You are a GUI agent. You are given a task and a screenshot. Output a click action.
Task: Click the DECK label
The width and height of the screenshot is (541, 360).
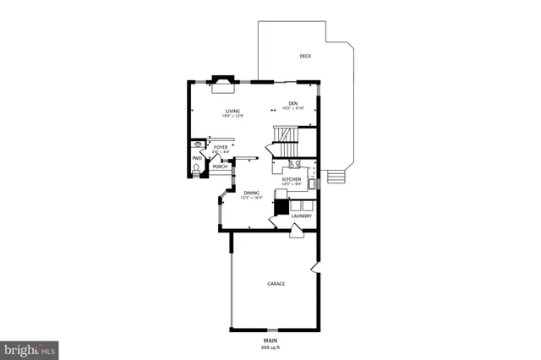pos(305,57)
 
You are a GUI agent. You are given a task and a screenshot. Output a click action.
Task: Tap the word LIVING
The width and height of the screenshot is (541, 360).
pos(232,111)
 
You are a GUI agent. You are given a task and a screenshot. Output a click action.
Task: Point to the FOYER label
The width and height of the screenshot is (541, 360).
pos(220,147)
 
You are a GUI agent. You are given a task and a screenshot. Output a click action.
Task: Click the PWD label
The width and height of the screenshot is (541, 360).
pos(196,157)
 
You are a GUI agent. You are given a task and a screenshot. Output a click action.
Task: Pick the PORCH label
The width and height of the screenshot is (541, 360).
pos(220,166)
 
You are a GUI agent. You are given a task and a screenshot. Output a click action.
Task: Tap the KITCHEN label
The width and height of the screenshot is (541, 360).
pos(292,179)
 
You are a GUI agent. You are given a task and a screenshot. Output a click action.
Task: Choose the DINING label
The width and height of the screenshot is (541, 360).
pos(252,193)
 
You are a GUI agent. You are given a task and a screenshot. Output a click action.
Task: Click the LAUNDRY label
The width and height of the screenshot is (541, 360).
pos(301,216)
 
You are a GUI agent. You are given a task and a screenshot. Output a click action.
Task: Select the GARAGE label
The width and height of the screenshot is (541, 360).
pos(276,283)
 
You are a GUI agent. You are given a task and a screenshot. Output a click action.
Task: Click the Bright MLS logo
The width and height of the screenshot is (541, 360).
pos(30,348)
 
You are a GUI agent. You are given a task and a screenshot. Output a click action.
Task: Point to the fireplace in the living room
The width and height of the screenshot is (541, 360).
pos(223,81)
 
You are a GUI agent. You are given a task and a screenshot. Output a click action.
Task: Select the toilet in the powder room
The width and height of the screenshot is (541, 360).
pos(197,168)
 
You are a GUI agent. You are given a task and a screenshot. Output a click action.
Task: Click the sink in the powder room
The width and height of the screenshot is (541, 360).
pos(197,145)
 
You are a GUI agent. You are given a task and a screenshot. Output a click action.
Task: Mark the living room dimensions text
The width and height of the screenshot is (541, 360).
pos(232,116)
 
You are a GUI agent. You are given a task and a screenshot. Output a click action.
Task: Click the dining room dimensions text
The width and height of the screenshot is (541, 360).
pos(252,198)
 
